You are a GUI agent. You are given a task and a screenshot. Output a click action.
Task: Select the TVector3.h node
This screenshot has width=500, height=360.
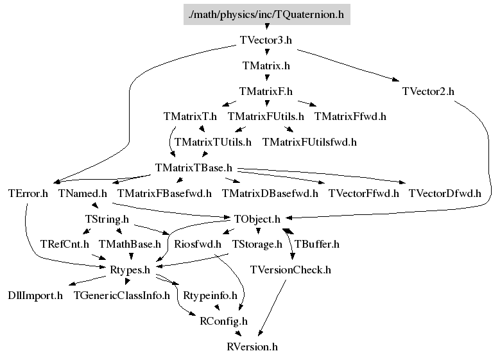click(x=266, y=39)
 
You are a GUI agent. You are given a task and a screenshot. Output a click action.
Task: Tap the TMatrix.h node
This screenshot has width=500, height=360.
click(x=266, y=65)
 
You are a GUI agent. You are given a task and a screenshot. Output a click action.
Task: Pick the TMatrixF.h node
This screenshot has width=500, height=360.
click(x=266, y=91)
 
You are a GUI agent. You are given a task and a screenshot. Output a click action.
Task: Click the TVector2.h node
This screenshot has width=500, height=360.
click(x=428, y=91)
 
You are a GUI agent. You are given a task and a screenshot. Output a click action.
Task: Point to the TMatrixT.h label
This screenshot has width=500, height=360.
click(x=190, y=117)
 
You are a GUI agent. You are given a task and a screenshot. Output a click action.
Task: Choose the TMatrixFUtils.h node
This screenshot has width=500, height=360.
click(x=266, y=117)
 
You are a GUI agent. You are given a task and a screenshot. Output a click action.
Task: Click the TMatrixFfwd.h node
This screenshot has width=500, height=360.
click(x=350, y=117)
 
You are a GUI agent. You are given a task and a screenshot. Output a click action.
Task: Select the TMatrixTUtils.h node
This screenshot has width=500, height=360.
click(x=213, y=142)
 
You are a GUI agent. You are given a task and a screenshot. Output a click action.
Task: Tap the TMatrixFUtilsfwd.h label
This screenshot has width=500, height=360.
click(x=309, y=142)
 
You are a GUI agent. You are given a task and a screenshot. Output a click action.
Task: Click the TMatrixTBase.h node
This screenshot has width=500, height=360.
click(x=193, y=167)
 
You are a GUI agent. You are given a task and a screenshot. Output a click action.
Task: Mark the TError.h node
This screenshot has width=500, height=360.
click(x=28, y=193)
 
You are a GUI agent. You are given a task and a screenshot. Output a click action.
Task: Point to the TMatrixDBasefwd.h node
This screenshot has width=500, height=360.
click(x=270, y=193)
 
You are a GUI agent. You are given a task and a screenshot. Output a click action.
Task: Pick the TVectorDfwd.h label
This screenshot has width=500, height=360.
click(x=445, y=193)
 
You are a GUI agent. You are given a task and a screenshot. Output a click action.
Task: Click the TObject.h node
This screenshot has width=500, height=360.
click(x=257, y=219)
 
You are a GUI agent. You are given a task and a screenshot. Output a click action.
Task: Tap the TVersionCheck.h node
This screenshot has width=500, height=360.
click(x=290, y=270)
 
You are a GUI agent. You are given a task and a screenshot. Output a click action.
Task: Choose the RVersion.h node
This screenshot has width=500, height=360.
click(x=252, y=347)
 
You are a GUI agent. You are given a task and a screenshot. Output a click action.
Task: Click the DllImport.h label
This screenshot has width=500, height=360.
click(x=35, y=296)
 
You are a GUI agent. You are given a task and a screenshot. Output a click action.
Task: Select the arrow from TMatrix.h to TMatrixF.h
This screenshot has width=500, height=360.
click(x=266, y=78)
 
